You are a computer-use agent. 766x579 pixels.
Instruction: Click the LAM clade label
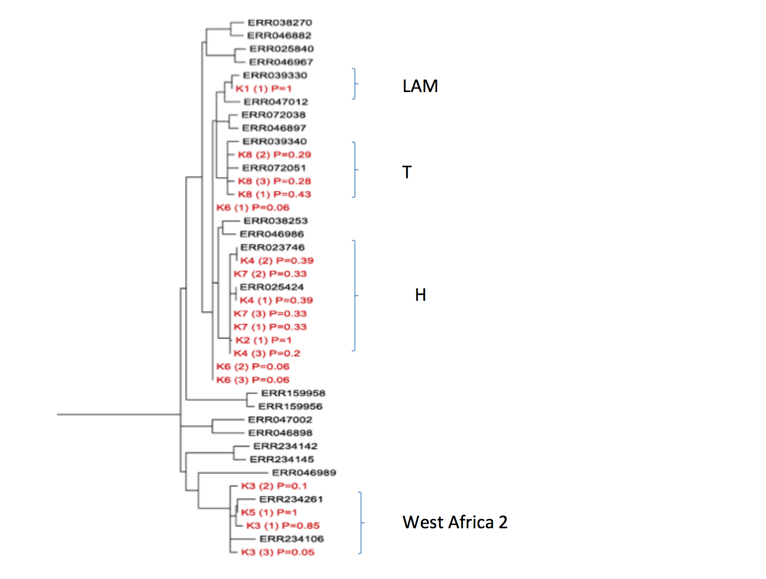tap(420, 86)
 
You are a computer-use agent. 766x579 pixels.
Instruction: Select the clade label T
tap(407, 172)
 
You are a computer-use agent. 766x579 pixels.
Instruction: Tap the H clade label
tap(420, 294)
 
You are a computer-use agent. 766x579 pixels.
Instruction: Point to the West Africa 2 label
tap(454, 522)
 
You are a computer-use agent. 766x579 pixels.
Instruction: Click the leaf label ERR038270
tap(279, 23)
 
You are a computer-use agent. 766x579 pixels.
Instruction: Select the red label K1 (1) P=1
tap(263, 89)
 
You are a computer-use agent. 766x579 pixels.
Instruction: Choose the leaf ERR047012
tap(276, 102)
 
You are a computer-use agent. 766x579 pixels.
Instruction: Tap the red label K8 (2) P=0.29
tap(274, 155)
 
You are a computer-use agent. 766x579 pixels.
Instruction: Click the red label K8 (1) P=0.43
tap(274, 194)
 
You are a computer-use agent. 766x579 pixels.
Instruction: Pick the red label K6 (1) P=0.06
tap(253, 208)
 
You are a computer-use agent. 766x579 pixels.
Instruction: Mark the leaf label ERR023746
tap(272, 248)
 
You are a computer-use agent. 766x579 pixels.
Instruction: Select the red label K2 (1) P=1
tap(263, 340)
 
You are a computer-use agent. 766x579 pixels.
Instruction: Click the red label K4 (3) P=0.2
tap(267, 354)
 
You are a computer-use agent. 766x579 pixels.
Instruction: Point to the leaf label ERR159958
tap(293, 393)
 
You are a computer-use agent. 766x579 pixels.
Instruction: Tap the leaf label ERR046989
tap(304, 473)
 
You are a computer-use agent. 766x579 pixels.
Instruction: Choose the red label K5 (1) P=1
tap(269, 513)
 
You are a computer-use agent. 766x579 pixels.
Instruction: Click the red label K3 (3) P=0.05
tap(278, 552)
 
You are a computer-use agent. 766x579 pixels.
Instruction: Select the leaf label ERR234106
tap(291, 539)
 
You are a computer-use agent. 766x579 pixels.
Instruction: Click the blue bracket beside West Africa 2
tap(361, 522)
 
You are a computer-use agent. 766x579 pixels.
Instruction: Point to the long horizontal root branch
tap(119, 415)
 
